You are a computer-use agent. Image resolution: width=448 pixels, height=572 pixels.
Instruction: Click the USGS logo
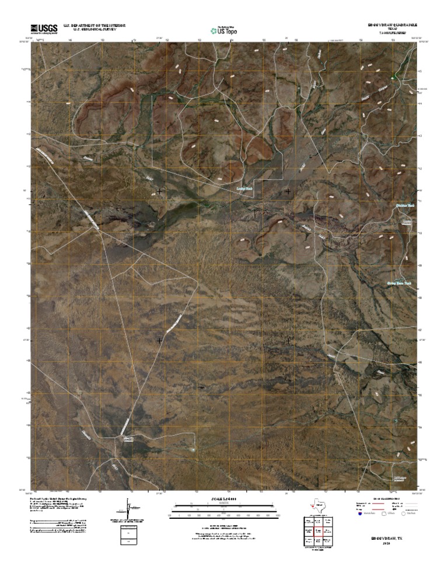tap(44, 28)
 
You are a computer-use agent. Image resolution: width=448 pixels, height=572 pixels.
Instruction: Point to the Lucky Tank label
tap(246, 188)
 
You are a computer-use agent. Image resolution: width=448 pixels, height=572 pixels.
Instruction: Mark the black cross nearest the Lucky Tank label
tap(288, 191)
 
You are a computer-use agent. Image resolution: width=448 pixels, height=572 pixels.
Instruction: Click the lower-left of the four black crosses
tap(159, 340)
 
